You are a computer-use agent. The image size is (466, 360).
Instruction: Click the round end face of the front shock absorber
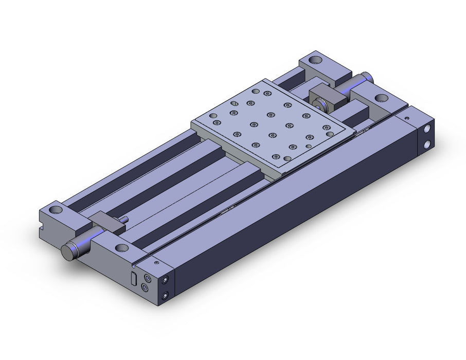[x=68, y=253]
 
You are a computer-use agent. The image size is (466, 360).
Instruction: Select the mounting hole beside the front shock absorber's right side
[x=122, y=248]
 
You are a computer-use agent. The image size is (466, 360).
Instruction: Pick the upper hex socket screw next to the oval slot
[x=149, y=277]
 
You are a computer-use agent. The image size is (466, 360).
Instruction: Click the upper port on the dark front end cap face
[x=166, y=280]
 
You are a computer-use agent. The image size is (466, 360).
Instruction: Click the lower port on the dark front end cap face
[x=166, y=295]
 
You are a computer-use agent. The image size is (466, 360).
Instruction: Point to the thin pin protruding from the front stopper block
[x=124, y=221]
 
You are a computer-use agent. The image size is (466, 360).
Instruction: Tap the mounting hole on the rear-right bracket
[x=381, y=98]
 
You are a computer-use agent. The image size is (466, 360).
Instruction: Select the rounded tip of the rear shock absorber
[x=366, y=76]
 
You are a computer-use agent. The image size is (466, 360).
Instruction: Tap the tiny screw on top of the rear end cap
[x=407, y=118]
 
